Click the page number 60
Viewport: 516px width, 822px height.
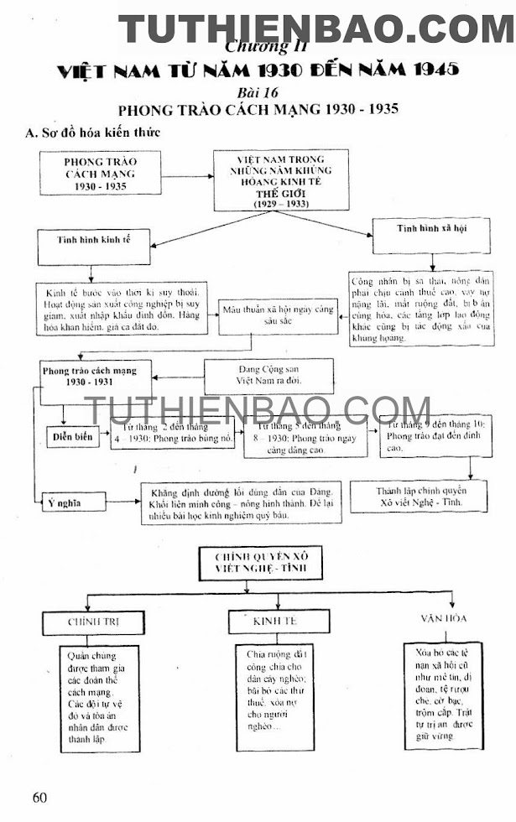pyautogui.click(x=39, y=797)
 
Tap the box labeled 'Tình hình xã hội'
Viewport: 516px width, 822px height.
pyautogui.click(x=431, y=229)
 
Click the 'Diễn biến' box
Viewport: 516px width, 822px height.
pyautogui.click(x=72, y=436)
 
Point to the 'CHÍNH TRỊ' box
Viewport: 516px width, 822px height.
pyautogui.click(x=92, y=622)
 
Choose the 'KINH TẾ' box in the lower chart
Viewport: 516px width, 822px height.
pyautogui.click(x=274, y=622)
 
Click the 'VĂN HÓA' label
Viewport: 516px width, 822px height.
pyautogui.click(x=444, y=617)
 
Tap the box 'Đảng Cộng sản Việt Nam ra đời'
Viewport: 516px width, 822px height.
pyautogui.click(x=269, y=374)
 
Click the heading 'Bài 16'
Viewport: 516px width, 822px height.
pyautogui.click(x=258, y=91)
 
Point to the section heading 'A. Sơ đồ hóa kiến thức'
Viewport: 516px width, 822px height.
pyautogui.click(x=92, y=133)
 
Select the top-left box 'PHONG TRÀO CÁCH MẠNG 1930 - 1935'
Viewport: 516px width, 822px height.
pyautogui.click(x=101, y=174)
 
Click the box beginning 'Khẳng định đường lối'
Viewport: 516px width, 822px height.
pyautogui.click(x=242, y=502)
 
